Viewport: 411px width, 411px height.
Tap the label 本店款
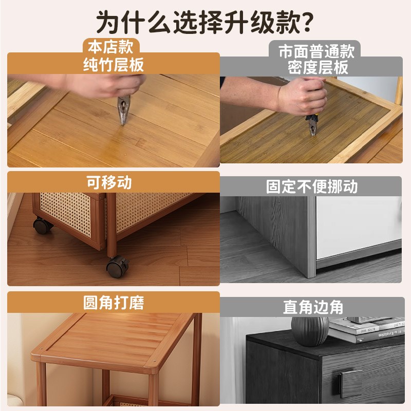(111, 47)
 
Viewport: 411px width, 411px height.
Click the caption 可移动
(109, 182)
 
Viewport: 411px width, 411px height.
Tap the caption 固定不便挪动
(311, 186)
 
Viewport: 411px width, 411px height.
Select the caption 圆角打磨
(114, 303)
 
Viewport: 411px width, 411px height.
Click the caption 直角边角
(313, 307)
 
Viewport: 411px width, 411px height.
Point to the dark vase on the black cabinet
(310, 330)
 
